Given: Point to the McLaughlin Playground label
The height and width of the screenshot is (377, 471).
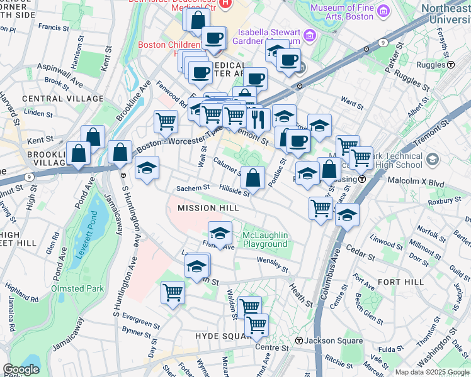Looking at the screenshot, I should (265, 239).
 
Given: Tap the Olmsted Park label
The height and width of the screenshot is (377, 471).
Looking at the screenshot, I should (77, 288).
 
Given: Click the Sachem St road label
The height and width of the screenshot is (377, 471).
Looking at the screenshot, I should (192, 188).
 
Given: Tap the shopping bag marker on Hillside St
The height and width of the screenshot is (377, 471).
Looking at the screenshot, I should (253, 178).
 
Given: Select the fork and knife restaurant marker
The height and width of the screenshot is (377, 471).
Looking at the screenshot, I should (258, 118).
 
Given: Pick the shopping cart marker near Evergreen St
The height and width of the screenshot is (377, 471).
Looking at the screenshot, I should (173, 292).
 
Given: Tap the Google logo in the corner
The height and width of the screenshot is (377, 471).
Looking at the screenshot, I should (21, 369).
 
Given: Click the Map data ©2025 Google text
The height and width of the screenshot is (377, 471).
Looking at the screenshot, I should (432, 372).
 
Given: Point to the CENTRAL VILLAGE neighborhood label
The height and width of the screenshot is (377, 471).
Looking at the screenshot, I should (62, 99).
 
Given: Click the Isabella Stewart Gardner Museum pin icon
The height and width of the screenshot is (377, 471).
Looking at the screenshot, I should (309, 35).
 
